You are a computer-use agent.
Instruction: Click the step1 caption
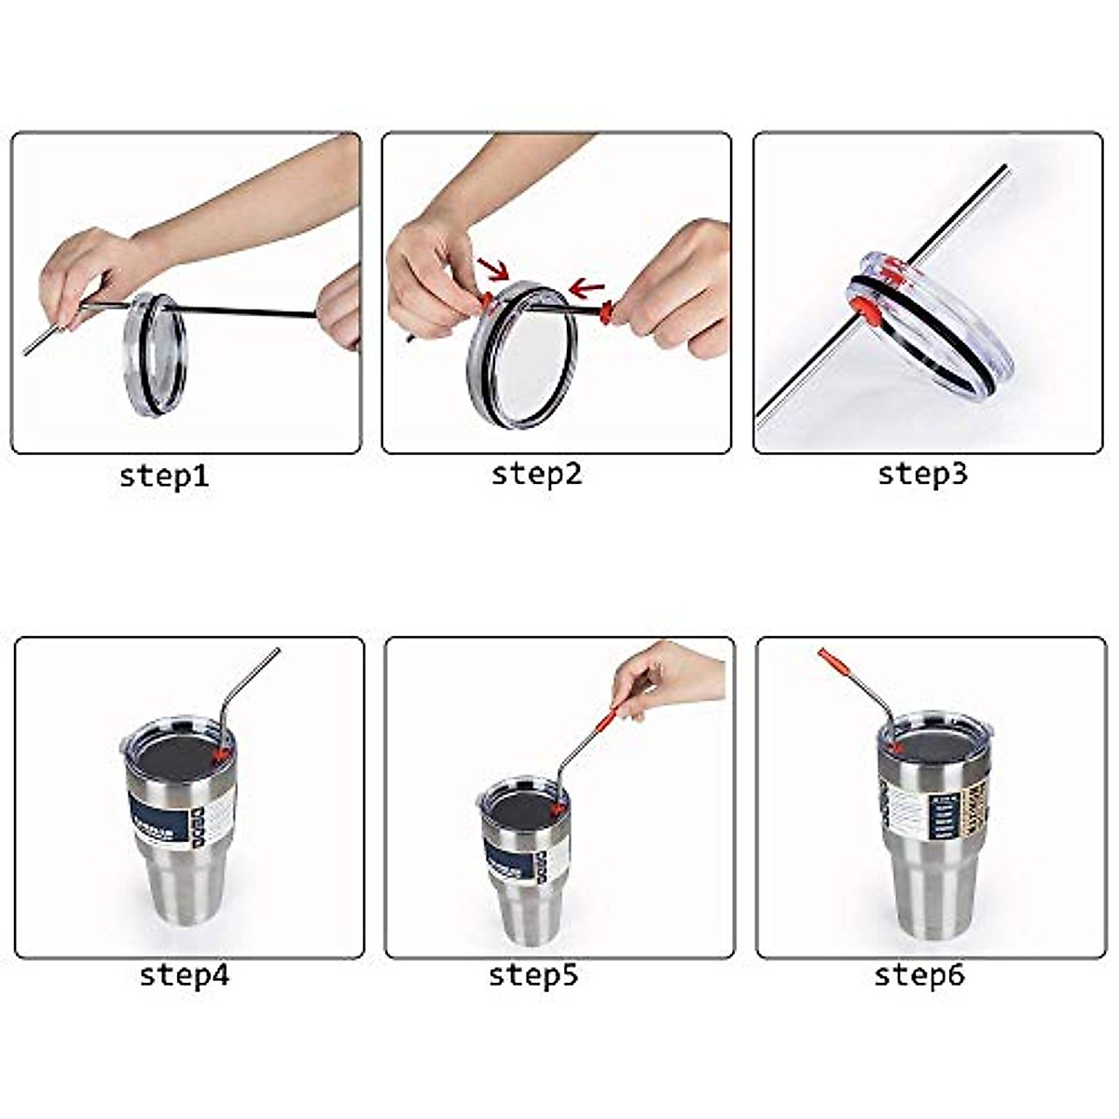(x=164, y=476)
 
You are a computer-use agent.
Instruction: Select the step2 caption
(x=536, y=474)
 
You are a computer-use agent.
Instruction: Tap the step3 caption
(x=922, y=474)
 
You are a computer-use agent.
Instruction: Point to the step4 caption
(x=184, y=975)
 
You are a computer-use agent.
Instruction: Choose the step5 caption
(x=533, y=975)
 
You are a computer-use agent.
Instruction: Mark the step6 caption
(x=919, y=975)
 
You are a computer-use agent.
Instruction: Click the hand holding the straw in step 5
(x=667, y=676)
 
